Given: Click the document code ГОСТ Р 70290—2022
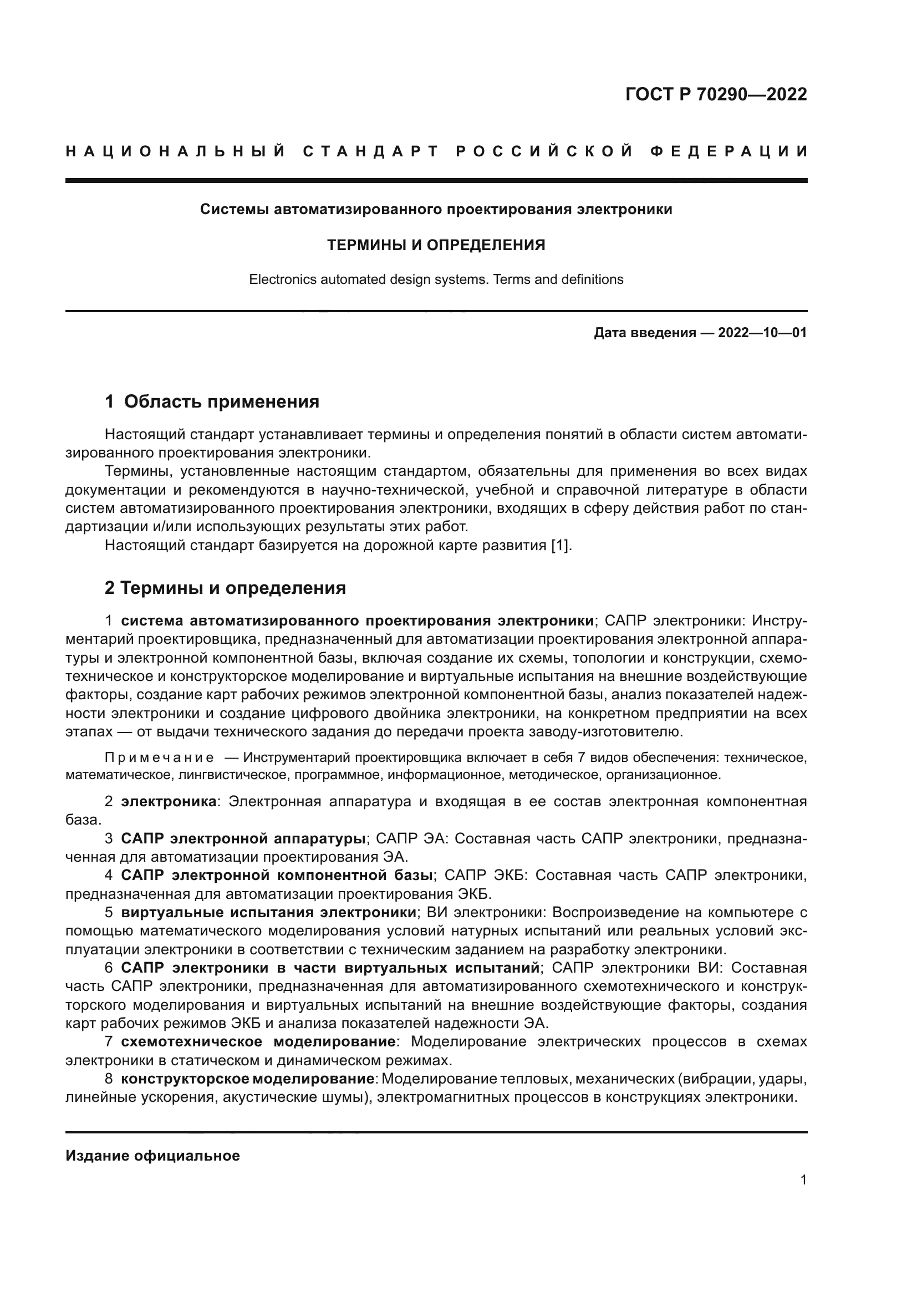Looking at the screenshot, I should point(716,94).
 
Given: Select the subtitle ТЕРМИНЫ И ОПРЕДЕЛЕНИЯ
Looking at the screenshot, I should point(436,245).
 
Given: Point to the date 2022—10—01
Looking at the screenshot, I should point(762,333).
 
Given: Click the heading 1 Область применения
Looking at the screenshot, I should point(212,401).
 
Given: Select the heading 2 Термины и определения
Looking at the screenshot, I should point(225,588).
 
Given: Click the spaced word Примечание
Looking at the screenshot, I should point(159,757).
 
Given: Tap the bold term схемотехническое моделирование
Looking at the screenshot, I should point(258,1041).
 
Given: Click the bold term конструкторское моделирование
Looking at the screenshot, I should point(248,1079).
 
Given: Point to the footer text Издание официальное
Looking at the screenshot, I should point(152,1156).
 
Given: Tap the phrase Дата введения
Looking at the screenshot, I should point(645,333).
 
